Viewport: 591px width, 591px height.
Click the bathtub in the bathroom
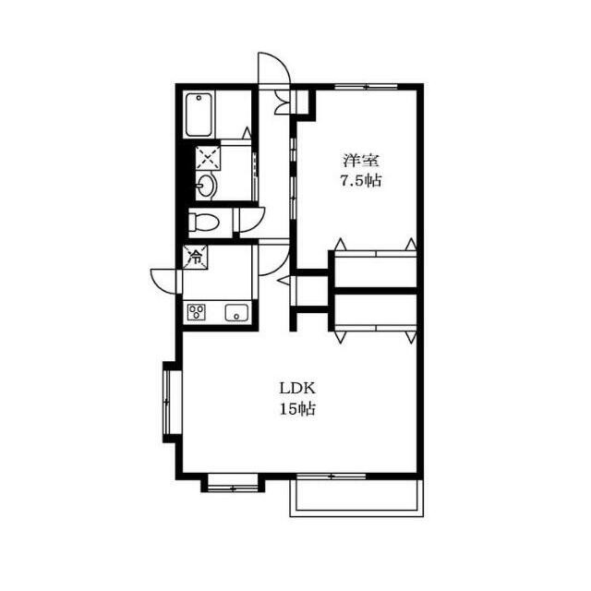point(199,115)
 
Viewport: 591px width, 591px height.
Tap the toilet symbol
point(203,222)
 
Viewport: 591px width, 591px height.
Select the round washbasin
point(206,185)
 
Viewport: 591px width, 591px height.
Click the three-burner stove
point(197,312)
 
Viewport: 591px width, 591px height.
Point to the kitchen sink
point(236,312)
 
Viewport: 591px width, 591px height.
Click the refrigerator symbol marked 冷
point(195,257)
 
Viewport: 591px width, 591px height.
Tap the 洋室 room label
point(361,161)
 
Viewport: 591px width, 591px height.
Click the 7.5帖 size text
point(361,181)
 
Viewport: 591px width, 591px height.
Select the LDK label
point(297,388)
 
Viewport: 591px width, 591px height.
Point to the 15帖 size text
point(297,408)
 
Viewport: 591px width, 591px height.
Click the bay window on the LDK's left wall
point(168,403)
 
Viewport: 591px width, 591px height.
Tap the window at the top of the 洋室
point(366,87)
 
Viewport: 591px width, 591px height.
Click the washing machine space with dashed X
point(208,158)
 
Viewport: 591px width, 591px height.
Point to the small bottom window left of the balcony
point(233,483)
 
